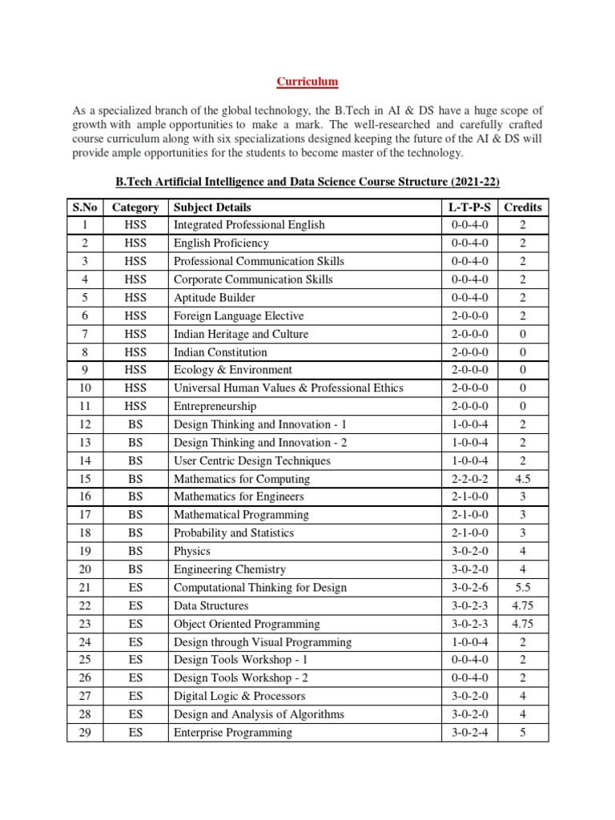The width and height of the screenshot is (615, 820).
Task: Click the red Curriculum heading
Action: [307, 82]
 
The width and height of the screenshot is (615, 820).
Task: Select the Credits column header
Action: [522, 207]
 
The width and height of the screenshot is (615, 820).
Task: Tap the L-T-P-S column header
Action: [469, 207]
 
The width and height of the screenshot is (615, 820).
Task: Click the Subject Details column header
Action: [212, 207]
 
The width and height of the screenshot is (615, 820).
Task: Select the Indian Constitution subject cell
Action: [220, 352]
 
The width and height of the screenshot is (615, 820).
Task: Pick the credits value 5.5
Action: [522, 588]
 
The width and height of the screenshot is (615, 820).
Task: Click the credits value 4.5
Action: [522, 479]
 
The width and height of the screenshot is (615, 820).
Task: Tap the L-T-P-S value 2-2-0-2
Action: [469, 479]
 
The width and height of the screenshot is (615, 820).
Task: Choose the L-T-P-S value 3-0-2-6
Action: [469, 588]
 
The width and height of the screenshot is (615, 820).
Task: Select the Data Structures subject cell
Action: [211, 606]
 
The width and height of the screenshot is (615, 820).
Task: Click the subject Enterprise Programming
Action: [232, 733]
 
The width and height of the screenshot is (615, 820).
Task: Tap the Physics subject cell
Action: [192, 552]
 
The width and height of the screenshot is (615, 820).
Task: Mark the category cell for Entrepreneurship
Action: [135, 407]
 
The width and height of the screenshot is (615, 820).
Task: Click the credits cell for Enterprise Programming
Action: [522, 733]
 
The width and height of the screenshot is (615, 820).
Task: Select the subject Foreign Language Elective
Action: [239, 316]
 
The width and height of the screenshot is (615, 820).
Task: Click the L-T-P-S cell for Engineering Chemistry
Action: [469, 570]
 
